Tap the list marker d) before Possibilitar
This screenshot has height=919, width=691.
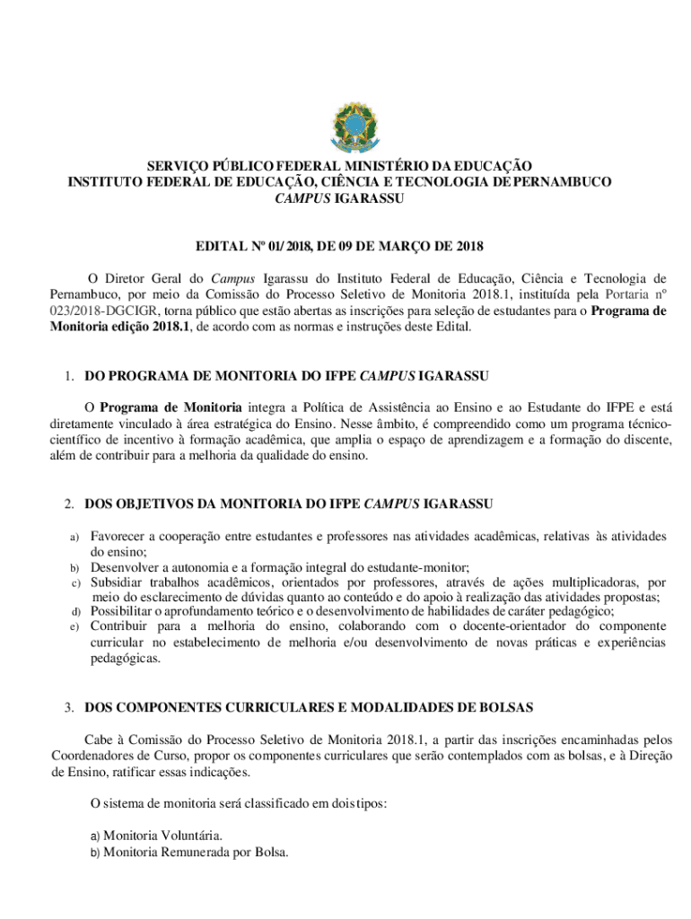75,612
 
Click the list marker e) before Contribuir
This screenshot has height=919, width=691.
75,626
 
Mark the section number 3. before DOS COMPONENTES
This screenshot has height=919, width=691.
70,707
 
